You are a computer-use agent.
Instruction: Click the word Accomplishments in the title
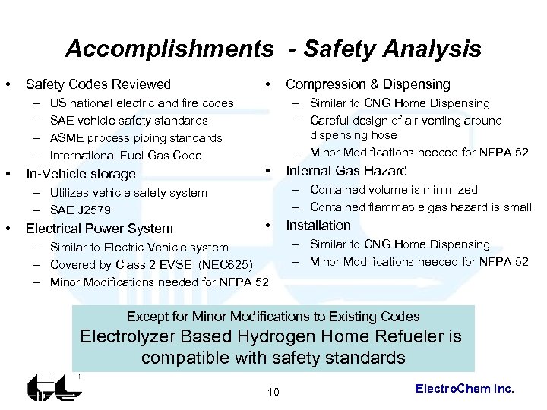point(169,49)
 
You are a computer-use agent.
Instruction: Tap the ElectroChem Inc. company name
point(465,388)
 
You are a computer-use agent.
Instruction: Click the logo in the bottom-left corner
point(54,386)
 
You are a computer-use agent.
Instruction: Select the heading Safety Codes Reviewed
point(98,84)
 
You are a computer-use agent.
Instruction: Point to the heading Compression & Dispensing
point(368,84)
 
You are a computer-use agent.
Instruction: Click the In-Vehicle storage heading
point(81,173)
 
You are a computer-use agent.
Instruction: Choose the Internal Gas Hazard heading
point(346,171)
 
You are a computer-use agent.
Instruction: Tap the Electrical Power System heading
point(100,228)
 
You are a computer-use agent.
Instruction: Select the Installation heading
point(318,225)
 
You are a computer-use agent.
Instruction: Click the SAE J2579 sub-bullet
point(79,210)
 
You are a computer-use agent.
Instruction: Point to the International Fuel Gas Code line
point(125,156)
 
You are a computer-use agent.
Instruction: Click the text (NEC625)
point(225,265)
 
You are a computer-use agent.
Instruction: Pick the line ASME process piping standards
point(136,138)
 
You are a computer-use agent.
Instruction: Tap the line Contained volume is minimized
point(394,190)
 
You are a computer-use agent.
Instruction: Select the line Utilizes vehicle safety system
point(128,193)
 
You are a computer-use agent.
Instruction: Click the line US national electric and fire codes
point(141,103)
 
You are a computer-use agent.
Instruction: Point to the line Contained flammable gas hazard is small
point(420,207)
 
